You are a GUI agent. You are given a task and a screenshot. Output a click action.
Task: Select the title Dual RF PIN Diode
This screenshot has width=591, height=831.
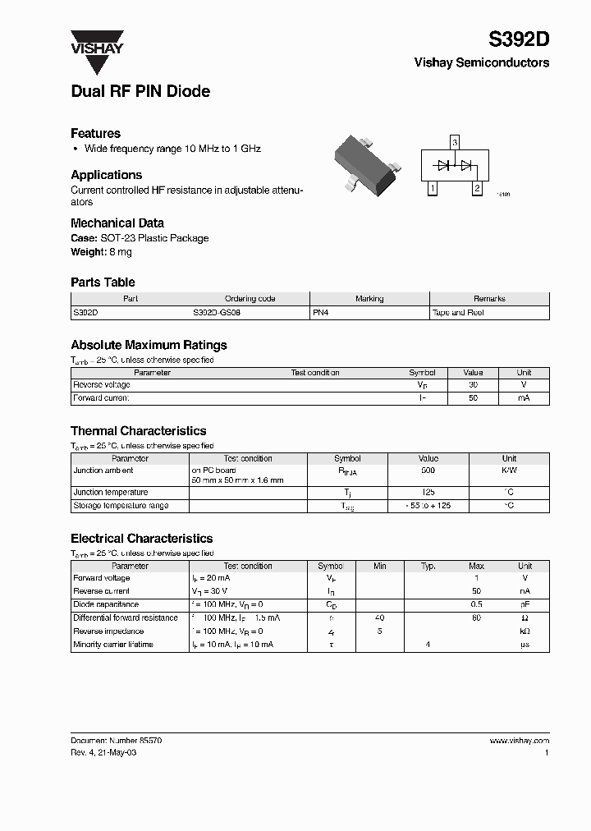pos(140,92)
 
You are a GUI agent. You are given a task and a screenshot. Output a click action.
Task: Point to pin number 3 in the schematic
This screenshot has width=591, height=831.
pos(455,143)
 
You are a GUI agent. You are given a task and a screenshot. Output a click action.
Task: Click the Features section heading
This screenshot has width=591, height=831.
pos(95,133)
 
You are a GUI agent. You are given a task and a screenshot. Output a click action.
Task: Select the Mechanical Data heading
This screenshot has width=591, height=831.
pos(117,223)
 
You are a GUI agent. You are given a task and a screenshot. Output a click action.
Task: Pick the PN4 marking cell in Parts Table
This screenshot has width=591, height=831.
pos(321,313)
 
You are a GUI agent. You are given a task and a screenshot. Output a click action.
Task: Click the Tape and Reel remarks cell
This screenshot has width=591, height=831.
pos(458,313)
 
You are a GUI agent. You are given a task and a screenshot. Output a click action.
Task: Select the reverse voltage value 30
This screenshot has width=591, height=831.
pos(473,384)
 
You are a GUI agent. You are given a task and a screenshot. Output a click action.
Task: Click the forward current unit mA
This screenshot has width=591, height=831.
pos(524,397)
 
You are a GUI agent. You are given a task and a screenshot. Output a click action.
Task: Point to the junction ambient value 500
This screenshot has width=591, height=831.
pos(428,471)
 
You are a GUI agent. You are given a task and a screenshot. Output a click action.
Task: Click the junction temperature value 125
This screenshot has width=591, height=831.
pos(428,493)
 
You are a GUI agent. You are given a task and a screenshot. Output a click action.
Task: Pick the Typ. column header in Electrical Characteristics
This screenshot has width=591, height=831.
pos(428,566)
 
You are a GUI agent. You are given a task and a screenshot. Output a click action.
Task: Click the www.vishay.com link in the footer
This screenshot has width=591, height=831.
pos(519,740)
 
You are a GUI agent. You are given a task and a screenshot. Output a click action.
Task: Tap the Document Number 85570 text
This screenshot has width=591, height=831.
pos(116,740)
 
